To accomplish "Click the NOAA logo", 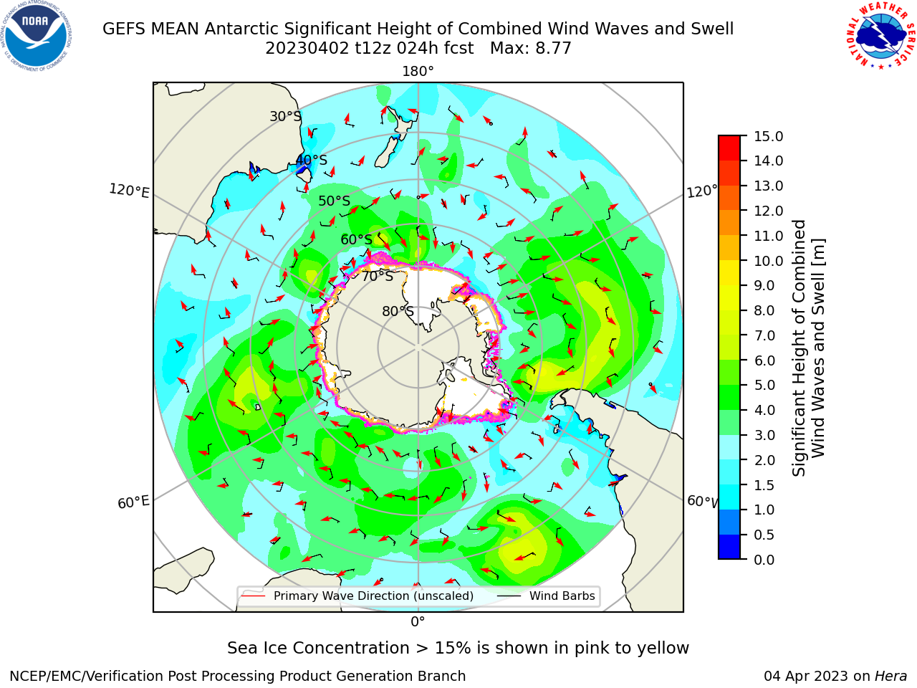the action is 37,36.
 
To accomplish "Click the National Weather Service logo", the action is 880,35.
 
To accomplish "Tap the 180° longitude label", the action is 418,72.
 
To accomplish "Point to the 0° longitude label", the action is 418,622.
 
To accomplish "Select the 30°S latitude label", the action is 285,116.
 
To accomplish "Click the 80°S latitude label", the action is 398,311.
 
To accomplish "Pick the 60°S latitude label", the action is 356,239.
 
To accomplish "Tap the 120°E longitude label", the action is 129,191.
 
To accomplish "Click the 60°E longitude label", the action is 133,502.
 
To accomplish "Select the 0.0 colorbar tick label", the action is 764,560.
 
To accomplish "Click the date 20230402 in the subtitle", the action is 307,48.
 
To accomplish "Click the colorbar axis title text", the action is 808,348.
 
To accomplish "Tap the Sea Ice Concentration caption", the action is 458,648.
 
